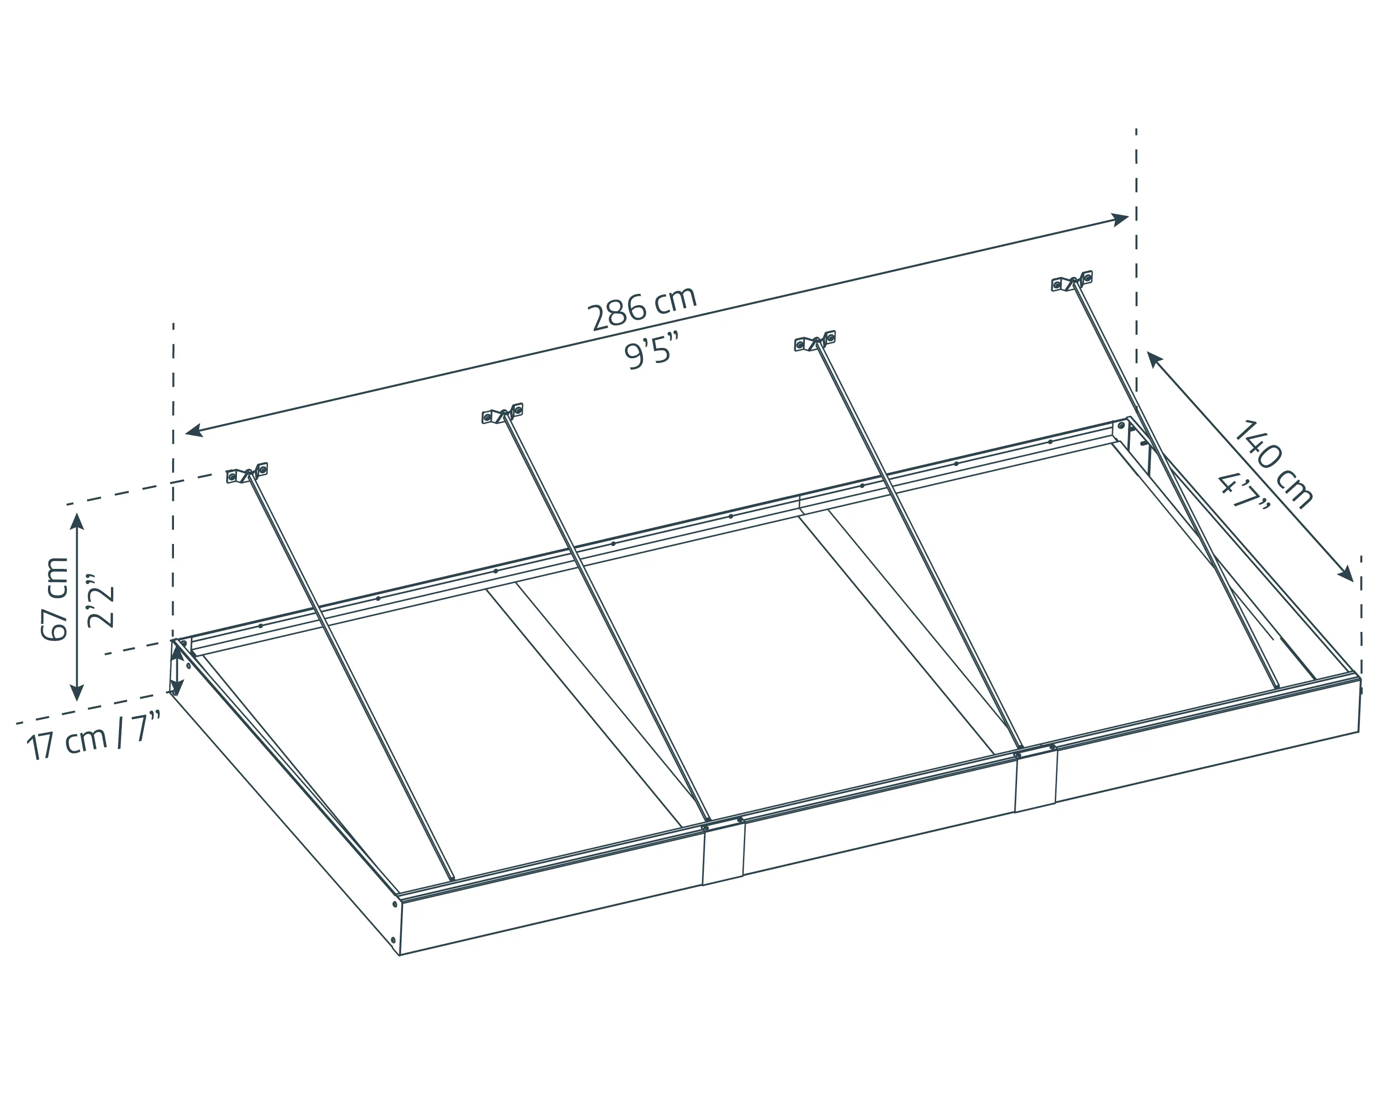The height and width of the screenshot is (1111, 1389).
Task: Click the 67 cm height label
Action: pos(55,599)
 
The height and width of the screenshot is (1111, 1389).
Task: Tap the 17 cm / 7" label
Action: pos(94,737)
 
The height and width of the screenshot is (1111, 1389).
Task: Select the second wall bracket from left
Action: pos(503,413)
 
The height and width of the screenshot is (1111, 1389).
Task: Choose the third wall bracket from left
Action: pos(815,341)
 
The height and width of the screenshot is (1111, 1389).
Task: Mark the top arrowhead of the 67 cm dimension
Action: pos(77,522)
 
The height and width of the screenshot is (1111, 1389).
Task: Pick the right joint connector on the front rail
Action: pos(1035,780)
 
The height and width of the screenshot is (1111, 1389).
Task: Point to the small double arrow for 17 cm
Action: pos(176,670)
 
